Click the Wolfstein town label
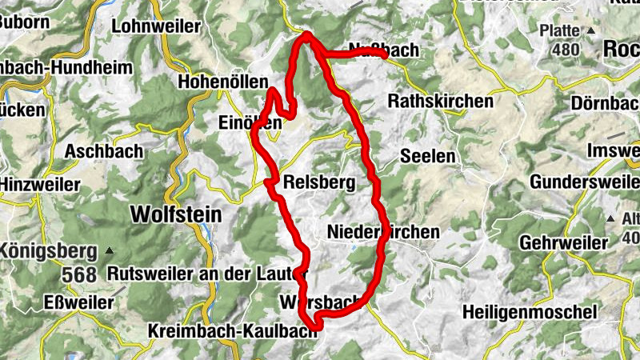pos(176,214)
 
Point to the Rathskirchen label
pos(440,102)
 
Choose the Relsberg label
pos(319,183)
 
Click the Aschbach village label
pos(105,150)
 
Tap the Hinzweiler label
pos(41,185)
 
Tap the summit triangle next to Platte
pos(591,30)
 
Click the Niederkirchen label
pos(383,232)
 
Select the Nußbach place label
pos(385,50)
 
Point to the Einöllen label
pos(250,122)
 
